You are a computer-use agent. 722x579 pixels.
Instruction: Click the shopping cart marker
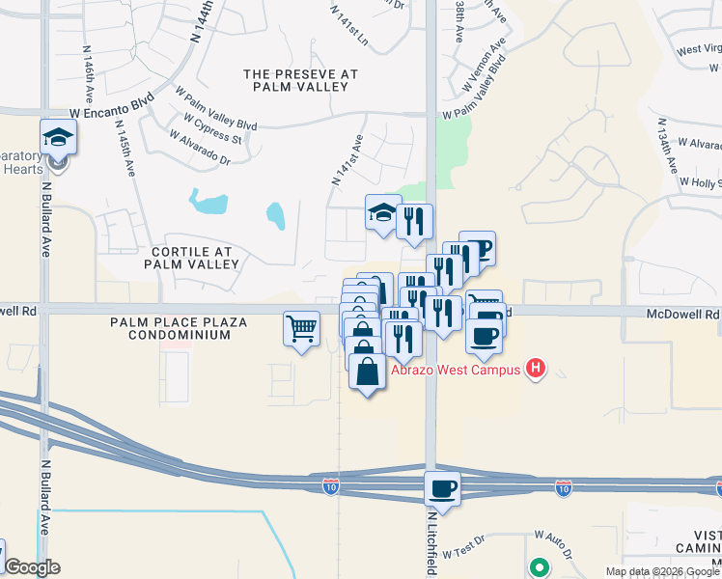[301, 329]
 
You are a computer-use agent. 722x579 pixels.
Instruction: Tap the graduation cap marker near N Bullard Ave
[59, 137]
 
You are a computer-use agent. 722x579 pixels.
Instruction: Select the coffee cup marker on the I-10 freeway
[443, 488]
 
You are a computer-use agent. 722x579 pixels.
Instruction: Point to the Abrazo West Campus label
[456, 369]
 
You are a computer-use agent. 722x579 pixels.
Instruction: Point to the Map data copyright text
[662, 571]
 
